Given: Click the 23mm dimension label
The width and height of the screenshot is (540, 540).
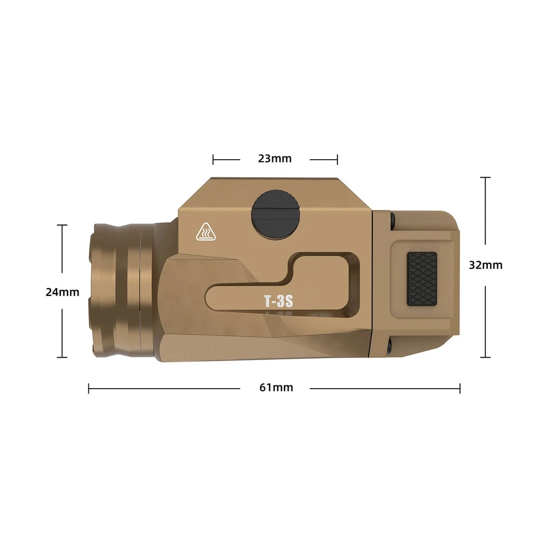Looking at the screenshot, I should (x=274, y=159).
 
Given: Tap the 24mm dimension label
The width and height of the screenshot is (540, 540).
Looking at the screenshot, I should (x=62, y=292).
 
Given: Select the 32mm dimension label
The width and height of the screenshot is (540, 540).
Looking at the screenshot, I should (x=485, y=265).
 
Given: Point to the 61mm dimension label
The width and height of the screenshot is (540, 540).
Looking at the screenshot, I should (x=276, y=388).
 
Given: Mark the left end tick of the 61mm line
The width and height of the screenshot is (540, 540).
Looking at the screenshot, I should (x=89, y=388).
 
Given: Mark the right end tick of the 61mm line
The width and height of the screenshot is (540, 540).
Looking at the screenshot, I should (x=460, y=388).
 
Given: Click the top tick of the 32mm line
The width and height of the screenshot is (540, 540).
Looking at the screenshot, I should (x=485, y=178).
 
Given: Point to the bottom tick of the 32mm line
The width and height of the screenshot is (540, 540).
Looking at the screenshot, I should (x=485, y=357).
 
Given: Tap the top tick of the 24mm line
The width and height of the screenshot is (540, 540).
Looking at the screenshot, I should (x=62, y=225).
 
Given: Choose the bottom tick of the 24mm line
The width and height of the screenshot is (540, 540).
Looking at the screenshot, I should (x=62, y=357).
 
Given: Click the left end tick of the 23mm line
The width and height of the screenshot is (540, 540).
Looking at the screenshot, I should (x=213, y=159).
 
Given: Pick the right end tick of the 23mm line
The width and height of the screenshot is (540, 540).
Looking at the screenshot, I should (x=337, y=159).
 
